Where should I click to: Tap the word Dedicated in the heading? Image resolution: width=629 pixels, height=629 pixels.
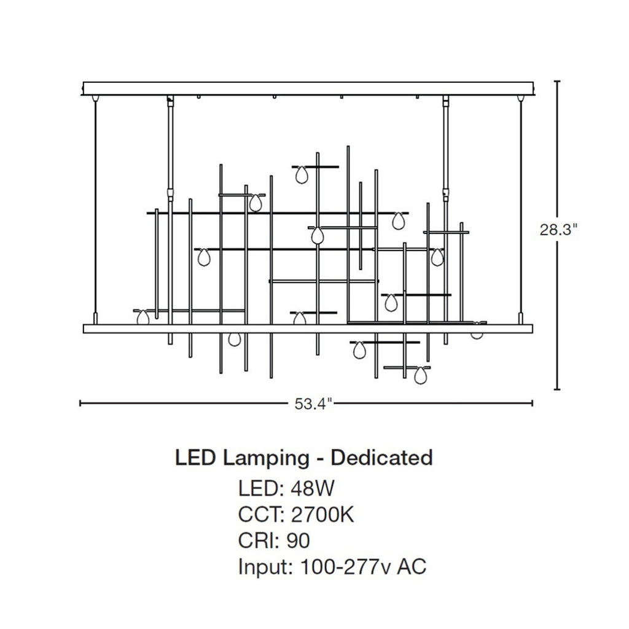381,458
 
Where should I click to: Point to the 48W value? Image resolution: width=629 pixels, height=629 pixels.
313,488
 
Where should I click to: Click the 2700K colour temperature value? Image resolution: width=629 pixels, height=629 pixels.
322,515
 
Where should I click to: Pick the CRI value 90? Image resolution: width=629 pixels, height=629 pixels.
298,541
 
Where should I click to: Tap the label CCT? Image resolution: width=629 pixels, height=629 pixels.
262,515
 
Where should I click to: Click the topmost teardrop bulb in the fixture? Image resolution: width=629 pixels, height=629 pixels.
301,175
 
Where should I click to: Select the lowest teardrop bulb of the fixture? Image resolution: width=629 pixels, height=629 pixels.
420,375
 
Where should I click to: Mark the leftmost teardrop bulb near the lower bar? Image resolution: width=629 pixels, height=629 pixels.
143,318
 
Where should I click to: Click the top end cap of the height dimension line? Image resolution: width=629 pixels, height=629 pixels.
557,82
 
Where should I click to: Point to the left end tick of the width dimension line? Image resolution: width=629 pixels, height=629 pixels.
80,403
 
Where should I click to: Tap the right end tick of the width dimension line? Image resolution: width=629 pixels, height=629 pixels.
532,403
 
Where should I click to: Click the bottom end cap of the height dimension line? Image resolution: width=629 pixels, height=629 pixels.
557,389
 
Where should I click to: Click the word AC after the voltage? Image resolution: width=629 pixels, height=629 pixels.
412,567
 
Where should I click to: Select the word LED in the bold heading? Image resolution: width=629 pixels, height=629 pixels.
195,458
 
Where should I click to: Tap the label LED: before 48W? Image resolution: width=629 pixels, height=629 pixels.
262,488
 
